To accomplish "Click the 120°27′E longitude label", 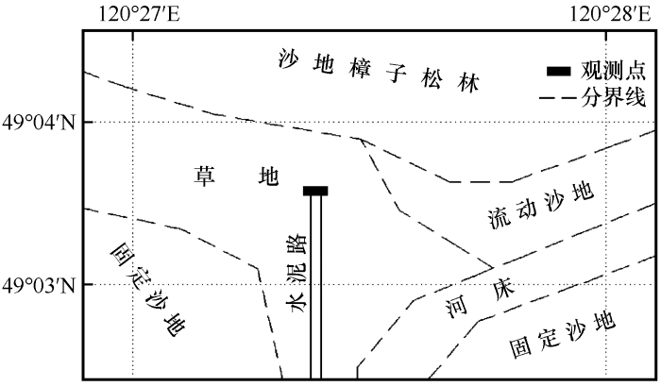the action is tap(139, 14).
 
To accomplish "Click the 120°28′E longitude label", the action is tap(610, 14).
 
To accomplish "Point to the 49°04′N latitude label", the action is tap(39, 123).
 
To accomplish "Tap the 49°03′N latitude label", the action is tap(39, 286).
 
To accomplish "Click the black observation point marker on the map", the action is tap(315, 191).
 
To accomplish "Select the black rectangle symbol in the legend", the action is tap(559, 72).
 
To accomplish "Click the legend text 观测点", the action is tap(613, 71).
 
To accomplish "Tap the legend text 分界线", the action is tap(613, 98).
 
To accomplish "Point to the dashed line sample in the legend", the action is tap(557, 98).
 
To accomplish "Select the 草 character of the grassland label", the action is tap(205, 176).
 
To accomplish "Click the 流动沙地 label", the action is tap(541, 206).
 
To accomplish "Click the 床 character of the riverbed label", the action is tap(503, 290).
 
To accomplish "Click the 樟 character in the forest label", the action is tap(360, 68).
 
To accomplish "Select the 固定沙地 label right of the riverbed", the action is tap(563, 335).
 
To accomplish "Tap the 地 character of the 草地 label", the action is tap(269, 176).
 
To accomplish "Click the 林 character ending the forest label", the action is tap(468, 83).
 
